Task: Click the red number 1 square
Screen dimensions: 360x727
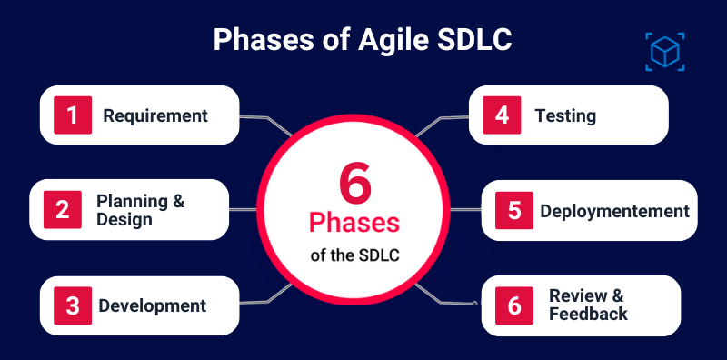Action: click(x=75, y=115)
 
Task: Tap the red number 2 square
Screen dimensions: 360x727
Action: click(x=62, y=210)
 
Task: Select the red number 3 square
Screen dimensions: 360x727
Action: click(x=75, y=305)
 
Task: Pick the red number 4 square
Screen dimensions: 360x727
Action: click(x=501, y=115)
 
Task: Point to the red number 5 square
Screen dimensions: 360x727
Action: click(x=513, y=211)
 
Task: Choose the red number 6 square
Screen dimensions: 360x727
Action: click(x=513, y=305)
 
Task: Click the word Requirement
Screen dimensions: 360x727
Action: click(x=155, y=116)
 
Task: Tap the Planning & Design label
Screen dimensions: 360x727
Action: click(x=140, y=210)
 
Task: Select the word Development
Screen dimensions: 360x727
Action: click(x=152, y=305)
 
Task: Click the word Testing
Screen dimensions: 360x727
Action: click(x=565, y=116)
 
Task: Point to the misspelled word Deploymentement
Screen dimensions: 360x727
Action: click(x=614, y=211)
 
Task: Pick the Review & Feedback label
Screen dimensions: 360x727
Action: click(x=587, y=305)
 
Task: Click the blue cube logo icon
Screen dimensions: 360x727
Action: click(x=664, y=51)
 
